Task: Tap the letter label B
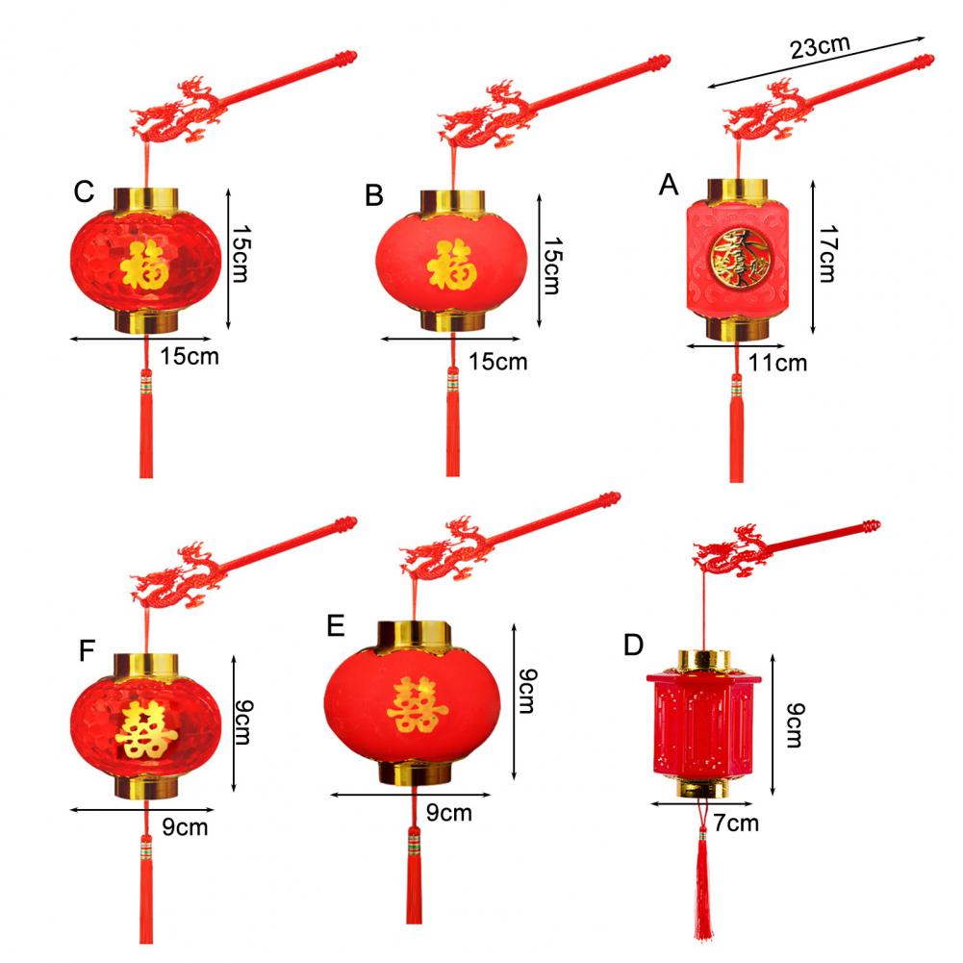click(x=374, y=196)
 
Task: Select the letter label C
click(x=84, y=192)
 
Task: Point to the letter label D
click(x=633, y=645)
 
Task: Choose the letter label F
click(x=88, y=651)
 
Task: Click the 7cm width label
click(x=736, y=823)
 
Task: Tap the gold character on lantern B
click(x=450, y=266)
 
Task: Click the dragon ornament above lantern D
click(x=729, y=553)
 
